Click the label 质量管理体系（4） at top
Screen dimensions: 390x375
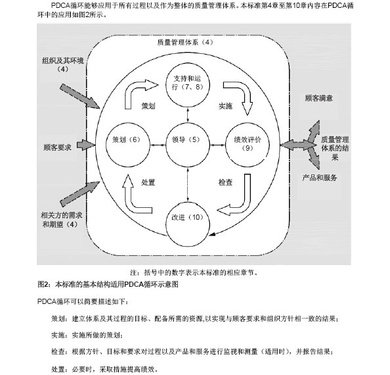(x=185, y=42)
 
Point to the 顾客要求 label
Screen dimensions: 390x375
(x=57, y=147)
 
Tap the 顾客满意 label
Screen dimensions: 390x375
(x=319, y=98)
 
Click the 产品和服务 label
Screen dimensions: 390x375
(x=320, y=178)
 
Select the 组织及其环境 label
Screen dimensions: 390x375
(x=62, y=61)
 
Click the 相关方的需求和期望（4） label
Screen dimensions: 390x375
(x=61, y=220)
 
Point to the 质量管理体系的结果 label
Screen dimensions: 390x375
(x=335, y=148)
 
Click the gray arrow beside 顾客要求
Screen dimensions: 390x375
(x=86, y=145)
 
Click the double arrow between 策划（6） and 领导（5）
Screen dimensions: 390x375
(x=158, y=145)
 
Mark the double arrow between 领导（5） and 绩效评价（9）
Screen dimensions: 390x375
(x=217, y=145)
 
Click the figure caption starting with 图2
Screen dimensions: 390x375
(x=108, y=284)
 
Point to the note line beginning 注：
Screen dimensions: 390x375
(x=194, y=272)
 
